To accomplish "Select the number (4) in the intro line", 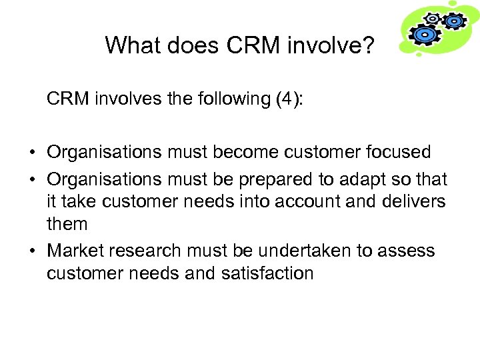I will pos(288,99).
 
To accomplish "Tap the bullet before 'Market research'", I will pos(33,252).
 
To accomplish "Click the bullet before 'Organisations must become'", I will pos(33,153).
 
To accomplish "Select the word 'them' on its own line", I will pos(67,224).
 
